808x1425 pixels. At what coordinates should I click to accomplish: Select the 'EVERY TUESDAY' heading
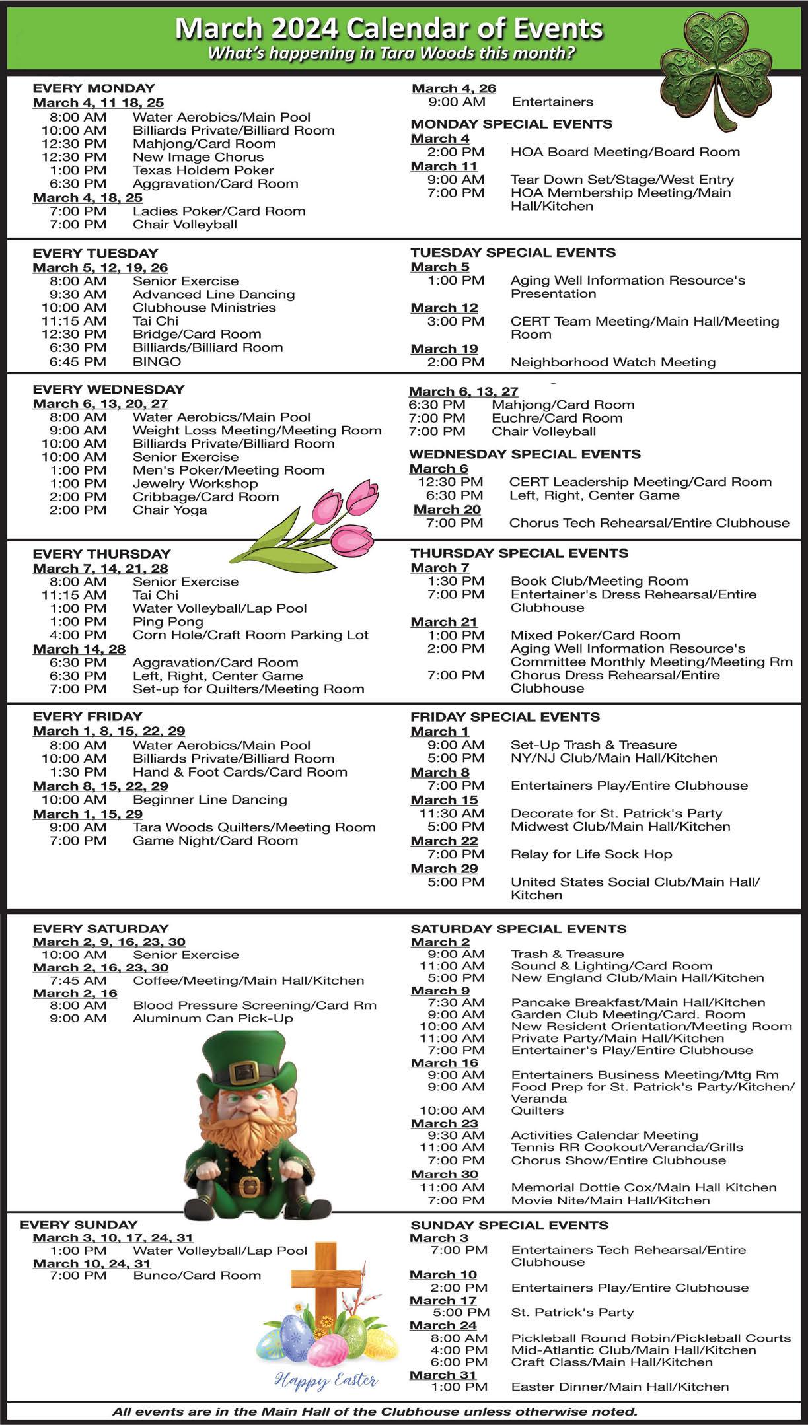95,253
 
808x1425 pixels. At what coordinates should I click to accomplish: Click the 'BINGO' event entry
157,361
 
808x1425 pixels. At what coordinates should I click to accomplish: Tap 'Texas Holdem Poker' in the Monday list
203,170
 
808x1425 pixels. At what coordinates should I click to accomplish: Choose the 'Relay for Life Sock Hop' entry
591,854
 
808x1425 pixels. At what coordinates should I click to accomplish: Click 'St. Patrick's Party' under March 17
572,1312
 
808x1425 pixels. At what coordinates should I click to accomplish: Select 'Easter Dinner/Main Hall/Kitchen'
620,1387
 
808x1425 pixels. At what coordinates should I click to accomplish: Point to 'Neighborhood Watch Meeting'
613,362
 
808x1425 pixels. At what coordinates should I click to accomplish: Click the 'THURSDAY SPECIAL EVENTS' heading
519,553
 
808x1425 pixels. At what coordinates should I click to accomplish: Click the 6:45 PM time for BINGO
77,361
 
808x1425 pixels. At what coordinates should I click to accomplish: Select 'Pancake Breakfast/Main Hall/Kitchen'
638,1002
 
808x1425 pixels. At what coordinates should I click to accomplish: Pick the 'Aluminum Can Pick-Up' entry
213,1018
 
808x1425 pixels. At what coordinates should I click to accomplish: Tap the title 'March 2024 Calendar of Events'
388,29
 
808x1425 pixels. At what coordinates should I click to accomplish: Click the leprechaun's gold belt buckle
249,1185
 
